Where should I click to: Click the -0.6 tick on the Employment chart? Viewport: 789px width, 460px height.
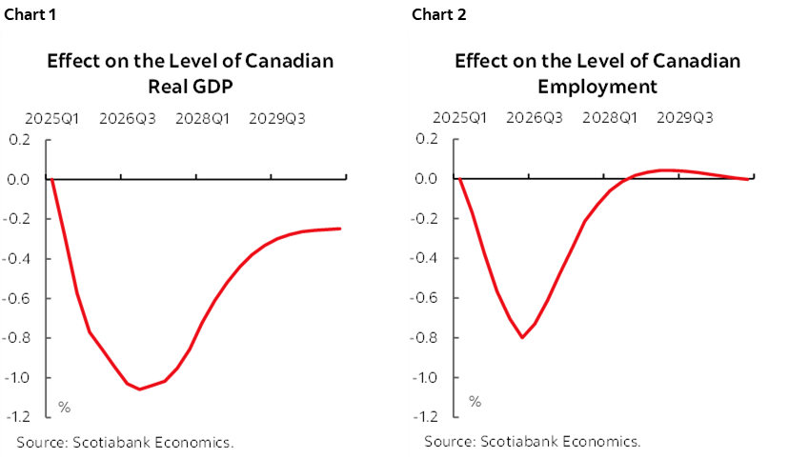coord(426,298)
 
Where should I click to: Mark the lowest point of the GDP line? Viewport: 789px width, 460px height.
coord(139,389)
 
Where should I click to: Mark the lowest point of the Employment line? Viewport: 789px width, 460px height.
coord(522,337)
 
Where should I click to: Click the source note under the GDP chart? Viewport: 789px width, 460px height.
coord(125,442)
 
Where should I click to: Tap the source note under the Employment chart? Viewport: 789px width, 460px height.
coord(533,442)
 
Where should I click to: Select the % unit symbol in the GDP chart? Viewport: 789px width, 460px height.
coord(65,407)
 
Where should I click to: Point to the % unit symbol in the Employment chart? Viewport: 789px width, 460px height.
coord(474,401)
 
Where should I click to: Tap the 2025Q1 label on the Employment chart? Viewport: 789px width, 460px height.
coord(460,119)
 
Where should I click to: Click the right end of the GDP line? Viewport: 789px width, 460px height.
coord(340,229)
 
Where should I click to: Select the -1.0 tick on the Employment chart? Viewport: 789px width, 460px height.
coord(426,377)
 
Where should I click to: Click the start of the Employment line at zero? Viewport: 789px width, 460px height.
coord(460,179)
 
